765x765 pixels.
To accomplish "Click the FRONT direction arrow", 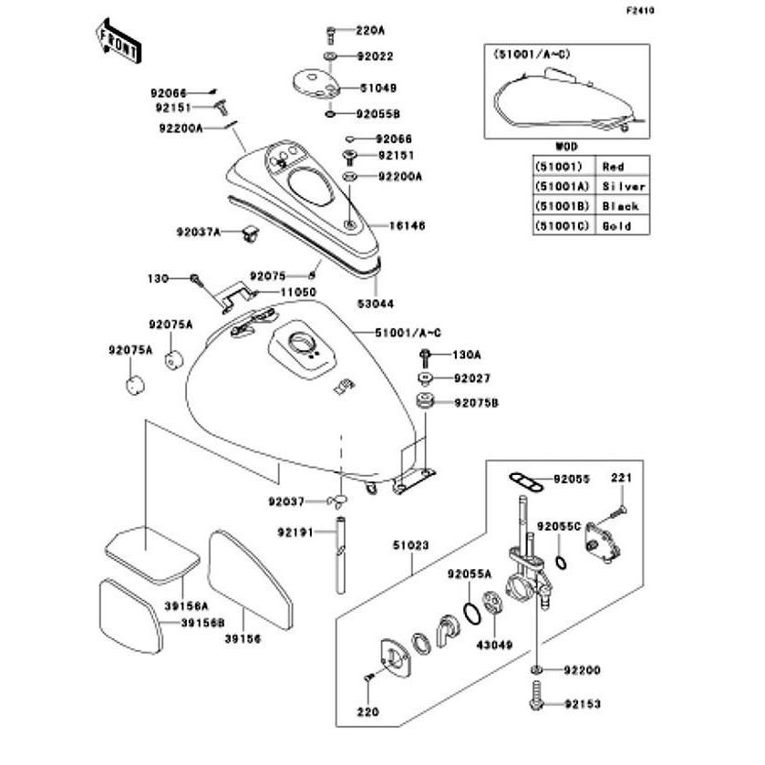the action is click(118, 41).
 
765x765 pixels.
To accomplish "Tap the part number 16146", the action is click(407, 226).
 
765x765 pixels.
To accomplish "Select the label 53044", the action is click(375, 304).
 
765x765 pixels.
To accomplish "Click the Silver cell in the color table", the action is click(623, 186).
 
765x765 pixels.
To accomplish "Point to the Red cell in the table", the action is click(623, 167).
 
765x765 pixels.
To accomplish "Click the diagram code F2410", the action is click(640, 11).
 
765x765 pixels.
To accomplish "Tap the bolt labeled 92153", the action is click(536, 696).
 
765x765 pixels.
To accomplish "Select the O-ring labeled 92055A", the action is click(471, 614).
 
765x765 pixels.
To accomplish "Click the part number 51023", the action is click(411, 545).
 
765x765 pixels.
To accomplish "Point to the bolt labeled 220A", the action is click(330, 35).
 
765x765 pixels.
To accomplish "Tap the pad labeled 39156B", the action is click(130, 615).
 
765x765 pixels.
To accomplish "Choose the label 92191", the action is click(295, 532).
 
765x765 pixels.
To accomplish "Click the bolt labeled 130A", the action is click(425, 358).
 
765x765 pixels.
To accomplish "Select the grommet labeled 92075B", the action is click(426, 402).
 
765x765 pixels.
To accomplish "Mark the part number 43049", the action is click(494, 645).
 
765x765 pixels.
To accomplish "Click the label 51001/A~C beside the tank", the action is click(408, 333).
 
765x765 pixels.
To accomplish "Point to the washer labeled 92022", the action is click(330, 57).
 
